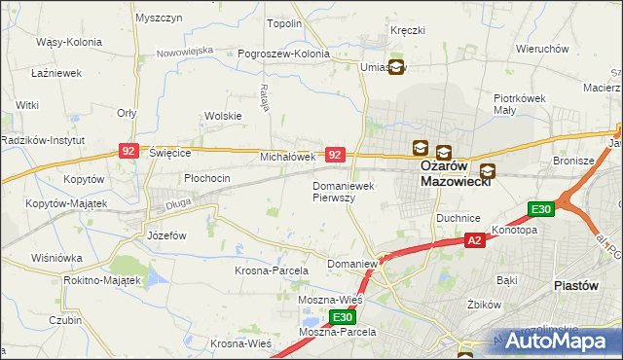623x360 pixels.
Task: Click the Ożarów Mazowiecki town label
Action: [458, 173]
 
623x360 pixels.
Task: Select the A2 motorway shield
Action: [474, 240]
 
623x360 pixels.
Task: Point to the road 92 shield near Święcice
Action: [128, 151]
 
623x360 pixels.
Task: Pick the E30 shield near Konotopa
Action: [541, 208]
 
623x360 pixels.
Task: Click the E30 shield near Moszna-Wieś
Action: [341, 317]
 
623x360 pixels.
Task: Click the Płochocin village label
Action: [207, 178]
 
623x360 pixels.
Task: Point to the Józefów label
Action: [166, 235]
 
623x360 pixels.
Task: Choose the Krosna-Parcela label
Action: [272, 270]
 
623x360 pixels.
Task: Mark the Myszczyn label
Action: [160, 18]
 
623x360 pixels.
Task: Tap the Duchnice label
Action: [456, 219]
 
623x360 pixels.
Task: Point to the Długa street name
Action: [178, 203]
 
